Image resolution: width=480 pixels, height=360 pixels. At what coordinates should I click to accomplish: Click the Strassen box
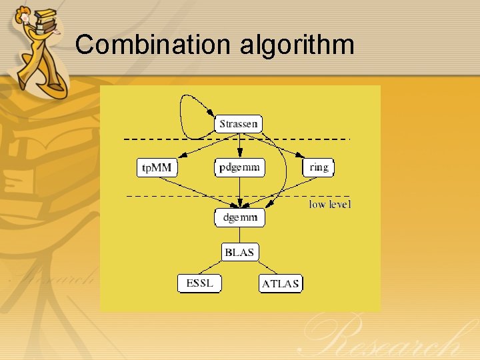point(239,124)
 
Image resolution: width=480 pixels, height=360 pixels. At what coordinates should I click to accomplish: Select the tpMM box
point(157,167)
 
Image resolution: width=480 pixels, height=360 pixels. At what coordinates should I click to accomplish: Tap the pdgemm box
point(239,167)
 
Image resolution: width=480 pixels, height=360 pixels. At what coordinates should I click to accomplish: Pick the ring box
point(319,167)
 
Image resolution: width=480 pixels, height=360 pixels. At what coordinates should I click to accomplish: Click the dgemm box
point(239,217)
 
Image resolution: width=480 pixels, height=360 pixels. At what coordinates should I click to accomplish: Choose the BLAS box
point(239,252)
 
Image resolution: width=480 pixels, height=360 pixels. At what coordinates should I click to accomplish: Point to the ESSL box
point(199,283)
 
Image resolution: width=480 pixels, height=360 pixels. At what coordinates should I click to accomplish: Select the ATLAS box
point(280,284)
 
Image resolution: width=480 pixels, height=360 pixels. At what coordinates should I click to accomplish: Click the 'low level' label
point(329,205)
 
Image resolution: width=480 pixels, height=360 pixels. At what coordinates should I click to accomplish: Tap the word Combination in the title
point(152,45)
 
